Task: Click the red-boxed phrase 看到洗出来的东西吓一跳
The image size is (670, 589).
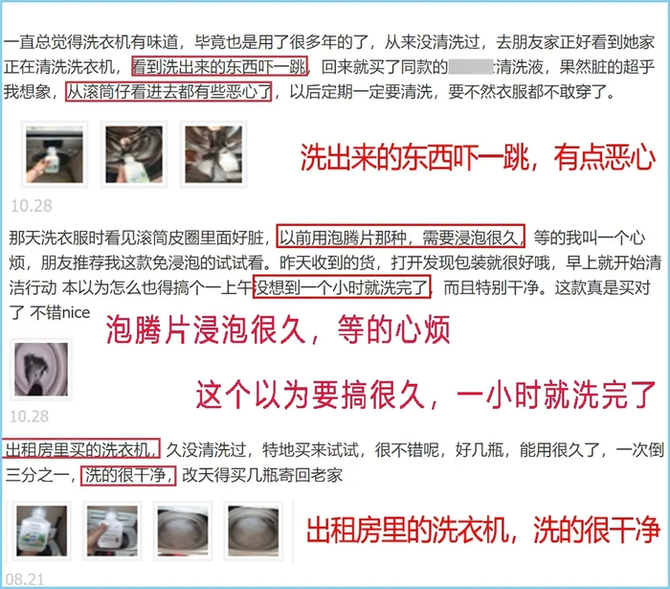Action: [219, 66]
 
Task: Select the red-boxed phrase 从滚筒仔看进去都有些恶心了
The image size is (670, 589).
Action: [168, 92]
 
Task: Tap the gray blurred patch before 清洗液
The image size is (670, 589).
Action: [471, 67]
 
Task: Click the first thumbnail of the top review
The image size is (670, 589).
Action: [55, 154]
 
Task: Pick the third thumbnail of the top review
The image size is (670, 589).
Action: [213, 154]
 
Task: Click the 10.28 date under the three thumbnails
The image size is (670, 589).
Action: [32, 206]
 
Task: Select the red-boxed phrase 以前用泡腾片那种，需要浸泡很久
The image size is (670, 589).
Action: [401, 237]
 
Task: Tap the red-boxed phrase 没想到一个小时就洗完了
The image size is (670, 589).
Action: [342, 287]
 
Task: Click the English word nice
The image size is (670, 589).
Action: [76, 312]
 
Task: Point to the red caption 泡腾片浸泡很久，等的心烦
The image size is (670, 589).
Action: [278, 329]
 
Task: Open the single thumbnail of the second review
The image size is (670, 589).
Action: [41, 370]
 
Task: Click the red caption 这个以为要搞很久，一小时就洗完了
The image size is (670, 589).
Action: [426, 395]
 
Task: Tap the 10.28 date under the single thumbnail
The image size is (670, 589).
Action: [29, 417]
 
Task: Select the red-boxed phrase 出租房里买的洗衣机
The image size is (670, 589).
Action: [81, 449]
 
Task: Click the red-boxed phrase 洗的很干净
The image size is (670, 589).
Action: [128, 475]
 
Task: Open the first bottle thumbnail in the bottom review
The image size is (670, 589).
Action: [41, 531]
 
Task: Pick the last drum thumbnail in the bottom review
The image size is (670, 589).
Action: [253, 531]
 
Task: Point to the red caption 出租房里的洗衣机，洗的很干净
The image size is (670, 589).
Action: [483, 530]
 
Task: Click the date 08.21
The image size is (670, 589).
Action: [25, 579]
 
